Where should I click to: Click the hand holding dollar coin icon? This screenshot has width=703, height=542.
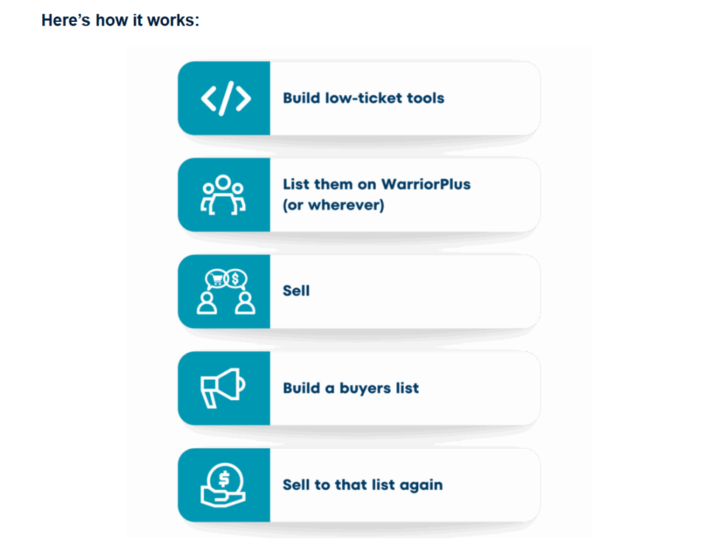[224, 486]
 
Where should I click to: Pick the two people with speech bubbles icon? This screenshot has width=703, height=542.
[225, 291]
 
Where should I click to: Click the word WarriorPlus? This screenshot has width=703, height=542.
[426, 184]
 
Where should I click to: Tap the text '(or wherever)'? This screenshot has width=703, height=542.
[333, 206]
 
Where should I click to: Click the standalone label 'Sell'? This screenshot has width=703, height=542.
[296, 291]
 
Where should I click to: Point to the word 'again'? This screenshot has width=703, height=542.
[421, 486]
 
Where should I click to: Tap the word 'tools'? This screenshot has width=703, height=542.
[426, 98]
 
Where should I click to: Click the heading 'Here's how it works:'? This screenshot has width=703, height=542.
[120, 20]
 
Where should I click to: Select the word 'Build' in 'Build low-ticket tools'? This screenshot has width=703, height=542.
[302, 98]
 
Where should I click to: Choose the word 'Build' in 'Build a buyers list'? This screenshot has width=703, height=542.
[302, 388]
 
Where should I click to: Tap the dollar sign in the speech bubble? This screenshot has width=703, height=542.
[236, 279]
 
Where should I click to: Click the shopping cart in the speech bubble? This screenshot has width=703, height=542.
[214, 279]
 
